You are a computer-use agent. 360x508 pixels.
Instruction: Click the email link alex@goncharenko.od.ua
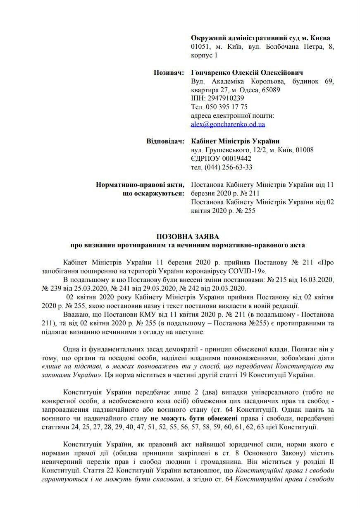point(228,124)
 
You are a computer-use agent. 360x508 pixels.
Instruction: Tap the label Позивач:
point(169,73)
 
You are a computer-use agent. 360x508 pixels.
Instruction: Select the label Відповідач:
point(165,141)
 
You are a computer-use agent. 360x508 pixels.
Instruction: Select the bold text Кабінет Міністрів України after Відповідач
point(235,141)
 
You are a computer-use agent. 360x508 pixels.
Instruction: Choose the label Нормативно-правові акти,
point(140,184)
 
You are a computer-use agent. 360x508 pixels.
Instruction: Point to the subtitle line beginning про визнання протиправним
point(187,245)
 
